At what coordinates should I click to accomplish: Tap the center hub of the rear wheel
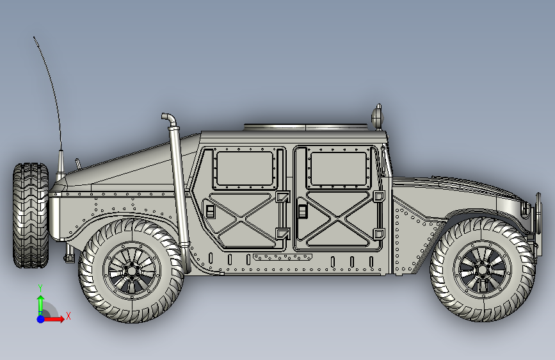point(132,270)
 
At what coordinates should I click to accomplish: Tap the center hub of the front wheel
point(482,270)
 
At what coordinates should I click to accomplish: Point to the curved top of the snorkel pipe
point(168,119)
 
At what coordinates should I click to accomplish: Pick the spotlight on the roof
point(377,115)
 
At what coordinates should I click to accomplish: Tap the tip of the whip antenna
point(34,38)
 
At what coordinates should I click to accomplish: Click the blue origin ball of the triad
point(40,318)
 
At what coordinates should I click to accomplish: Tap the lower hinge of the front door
point(378,233)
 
